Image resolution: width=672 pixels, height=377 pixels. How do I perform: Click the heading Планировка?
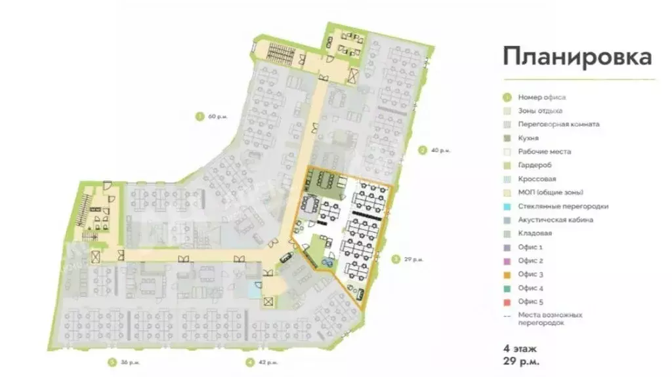577,57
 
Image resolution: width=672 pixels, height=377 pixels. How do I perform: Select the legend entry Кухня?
528,138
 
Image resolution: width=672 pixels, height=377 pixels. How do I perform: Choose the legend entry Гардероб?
532,165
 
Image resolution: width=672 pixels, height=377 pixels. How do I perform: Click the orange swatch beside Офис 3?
507,275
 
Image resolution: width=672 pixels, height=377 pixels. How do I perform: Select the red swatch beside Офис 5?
507,302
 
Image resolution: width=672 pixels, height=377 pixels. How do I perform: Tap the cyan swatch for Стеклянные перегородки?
507,207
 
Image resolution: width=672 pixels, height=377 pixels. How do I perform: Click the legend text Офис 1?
530,247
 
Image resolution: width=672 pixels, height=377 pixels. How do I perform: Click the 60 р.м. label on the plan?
217,117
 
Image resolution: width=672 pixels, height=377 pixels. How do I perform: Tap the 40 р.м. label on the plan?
440,150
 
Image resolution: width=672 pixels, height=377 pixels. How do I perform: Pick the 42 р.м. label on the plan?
268,362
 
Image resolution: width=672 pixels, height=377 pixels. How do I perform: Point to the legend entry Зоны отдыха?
539,111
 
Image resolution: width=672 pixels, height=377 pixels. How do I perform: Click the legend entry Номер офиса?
541,97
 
